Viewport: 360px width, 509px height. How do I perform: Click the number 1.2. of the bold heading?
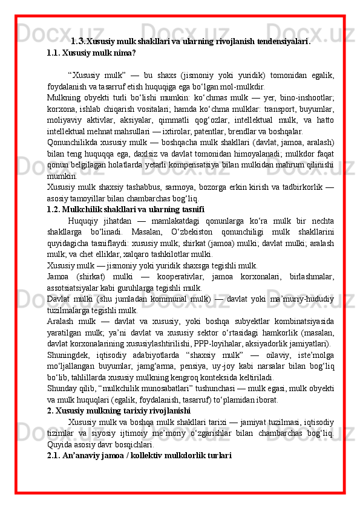coord(55,209)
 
